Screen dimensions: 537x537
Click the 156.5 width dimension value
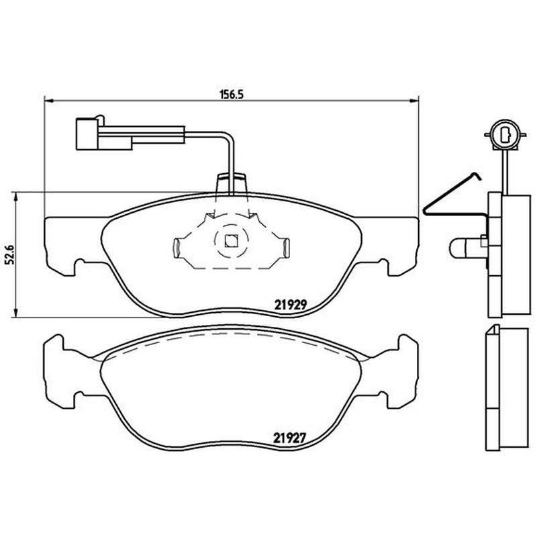(231, 94)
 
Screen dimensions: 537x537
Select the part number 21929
(290, 304)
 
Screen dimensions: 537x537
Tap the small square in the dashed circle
(231, 241)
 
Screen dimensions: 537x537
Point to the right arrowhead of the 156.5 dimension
(414, 100)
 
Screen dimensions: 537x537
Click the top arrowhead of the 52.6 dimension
(15, 197)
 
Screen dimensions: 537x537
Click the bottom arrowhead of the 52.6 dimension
(15, 312)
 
